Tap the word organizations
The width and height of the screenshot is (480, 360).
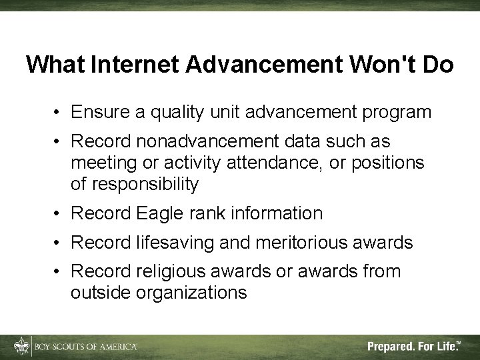191,293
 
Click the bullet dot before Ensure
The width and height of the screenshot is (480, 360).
59,113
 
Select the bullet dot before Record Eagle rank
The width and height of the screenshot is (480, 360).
59,214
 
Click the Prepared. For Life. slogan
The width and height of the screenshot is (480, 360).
413,346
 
